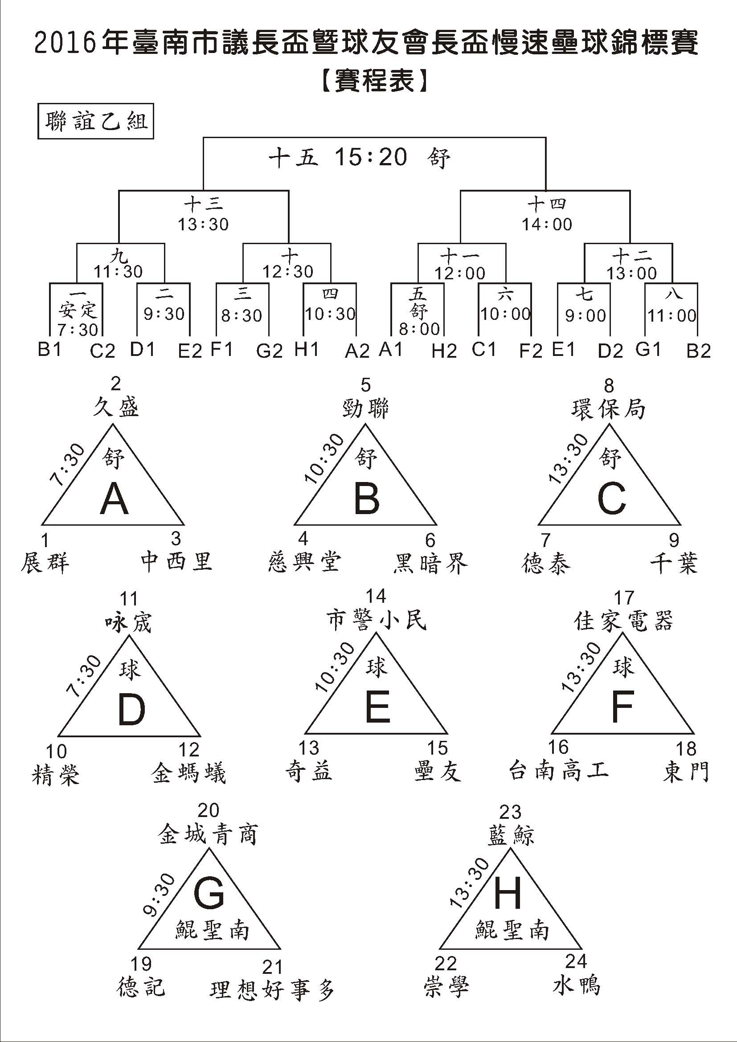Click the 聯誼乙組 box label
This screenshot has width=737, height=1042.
click(96, 122)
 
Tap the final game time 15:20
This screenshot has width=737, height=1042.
click(371, 157)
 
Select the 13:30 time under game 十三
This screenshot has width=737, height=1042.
click(203, 224)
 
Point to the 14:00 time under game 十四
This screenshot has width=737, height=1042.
click(547, 224)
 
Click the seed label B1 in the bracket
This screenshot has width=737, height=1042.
click(49, 349)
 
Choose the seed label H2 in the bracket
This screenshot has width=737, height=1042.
click(444, 351)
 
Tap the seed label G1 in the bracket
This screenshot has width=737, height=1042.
click(648, 349)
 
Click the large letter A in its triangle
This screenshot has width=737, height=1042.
click(115, 499)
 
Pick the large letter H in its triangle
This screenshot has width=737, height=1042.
click(508, 894)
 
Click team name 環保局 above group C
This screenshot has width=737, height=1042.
click(608, 409)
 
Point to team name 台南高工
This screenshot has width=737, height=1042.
click(559, 771)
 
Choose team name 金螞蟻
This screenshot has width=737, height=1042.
click(189, 773)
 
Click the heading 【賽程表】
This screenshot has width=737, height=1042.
click(374, 81)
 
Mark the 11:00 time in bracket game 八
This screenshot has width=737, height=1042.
click(671, 315)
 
